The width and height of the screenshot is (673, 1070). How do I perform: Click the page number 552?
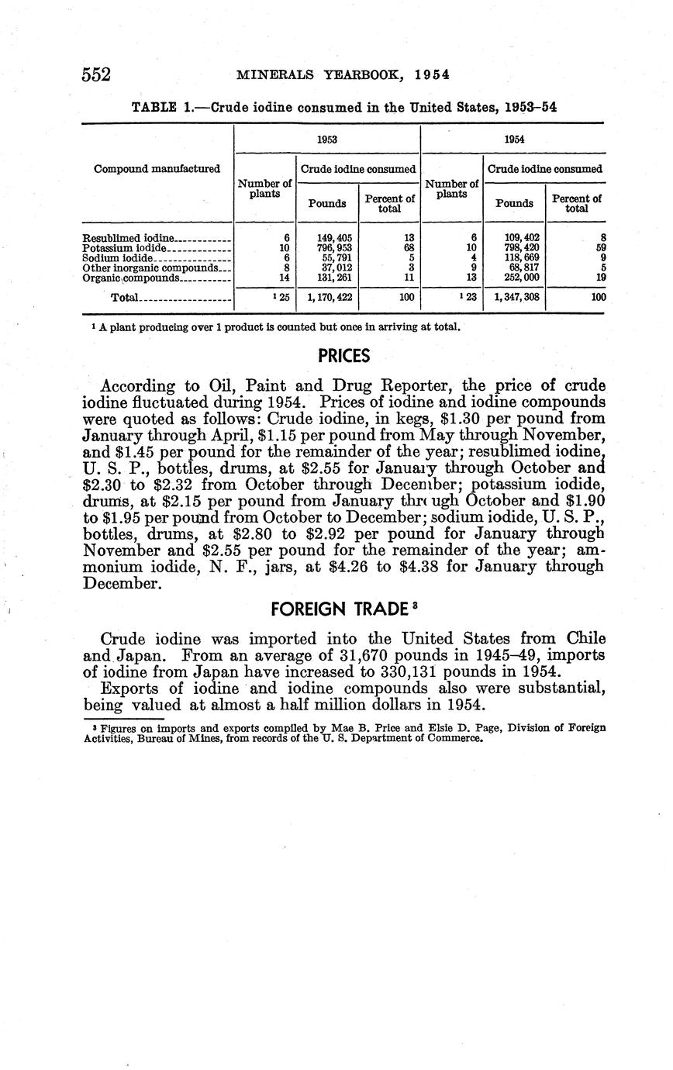click(x=97, y=74)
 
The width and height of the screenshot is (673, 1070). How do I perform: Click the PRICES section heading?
click(x=344, y=357)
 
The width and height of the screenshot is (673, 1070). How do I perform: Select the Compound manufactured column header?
click(x=157, y=168)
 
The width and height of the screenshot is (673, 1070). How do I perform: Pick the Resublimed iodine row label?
click(x=129, y=238)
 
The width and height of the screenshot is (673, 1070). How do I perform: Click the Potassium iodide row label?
click(x=124, y=248)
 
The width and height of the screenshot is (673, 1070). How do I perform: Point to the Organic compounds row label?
click(x=131, y=277)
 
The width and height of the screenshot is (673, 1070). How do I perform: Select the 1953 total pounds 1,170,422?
click(x=327, y=297)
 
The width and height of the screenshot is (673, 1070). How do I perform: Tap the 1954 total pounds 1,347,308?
click(x=514, y=297)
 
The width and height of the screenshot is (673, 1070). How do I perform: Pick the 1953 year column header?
click(x=326, y=139)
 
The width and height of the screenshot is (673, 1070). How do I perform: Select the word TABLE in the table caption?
click(x=154, y=108)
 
